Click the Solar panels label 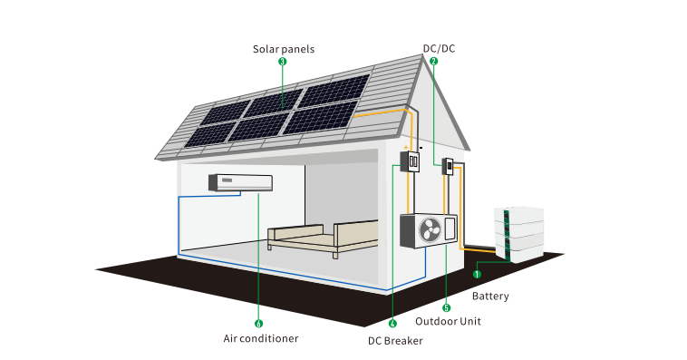284,49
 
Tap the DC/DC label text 439,48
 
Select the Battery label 490,296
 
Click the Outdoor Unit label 448,321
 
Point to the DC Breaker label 395,341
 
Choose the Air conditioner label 261,338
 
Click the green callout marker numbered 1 477,274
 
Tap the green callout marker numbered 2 434,61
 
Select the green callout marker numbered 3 283,62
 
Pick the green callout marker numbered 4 392,324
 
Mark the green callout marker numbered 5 447,308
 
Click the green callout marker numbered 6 258,324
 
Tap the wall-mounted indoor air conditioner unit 240,183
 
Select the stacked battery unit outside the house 519,235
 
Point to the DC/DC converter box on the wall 448,167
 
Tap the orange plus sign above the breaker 406,147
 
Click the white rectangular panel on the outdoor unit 450,228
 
